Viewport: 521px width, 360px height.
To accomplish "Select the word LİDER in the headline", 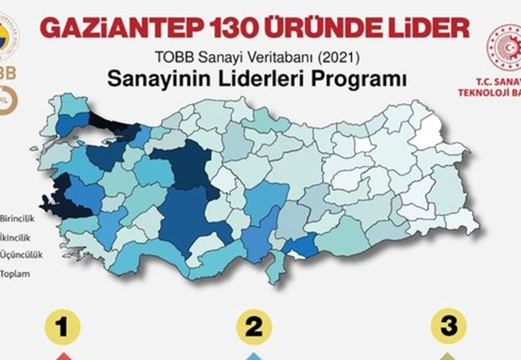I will point(426,28).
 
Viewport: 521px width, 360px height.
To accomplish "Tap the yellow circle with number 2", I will point(254,327).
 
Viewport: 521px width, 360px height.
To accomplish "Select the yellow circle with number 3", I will point(449,327).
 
